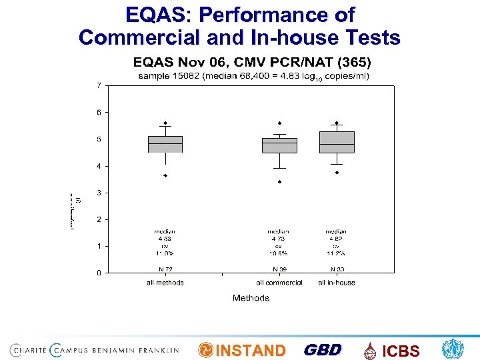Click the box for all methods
point(165,144)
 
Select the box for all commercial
point(279,145)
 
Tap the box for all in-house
point(337,142)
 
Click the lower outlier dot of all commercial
point(279,181)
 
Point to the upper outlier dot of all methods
point(165,123)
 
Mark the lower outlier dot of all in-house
point(337,173)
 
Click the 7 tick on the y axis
point(99,85)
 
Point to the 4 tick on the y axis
point(99,166)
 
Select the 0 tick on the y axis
point(99,273)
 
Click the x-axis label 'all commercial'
point(279,283)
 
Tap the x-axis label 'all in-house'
point(337,283)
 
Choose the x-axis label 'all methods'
point(165,283)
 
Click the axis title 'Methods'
point(251,298)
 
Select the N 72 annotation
point(165,269)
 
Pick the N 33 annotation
point(337,269)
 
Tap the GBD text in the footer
point(323,350)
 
